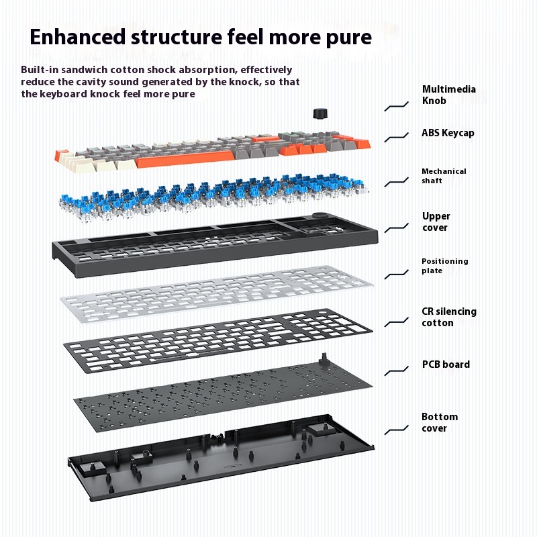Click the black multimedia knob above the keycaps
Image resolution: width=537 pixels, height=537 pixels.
(x=318, y=113)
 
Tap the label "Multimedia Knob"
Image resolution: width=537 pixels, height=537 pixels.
(x=448, y=95)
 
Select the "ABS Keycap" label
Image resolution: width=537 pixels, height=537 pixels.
(x=448, y=133)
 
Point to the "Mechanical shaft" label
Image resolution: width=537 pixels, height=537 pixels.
(x=443, y=176)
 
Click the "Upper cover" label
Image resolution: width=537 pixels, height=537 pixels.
(x=436, y=222)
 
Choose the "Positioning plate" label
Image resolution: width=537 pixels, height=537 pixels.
(x=444, y=266)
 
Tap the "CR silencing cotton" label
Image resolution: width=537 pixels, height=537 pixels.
(x=448, y=317)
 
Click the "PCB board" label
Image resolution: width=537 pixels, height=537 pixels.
(x=445, y=364)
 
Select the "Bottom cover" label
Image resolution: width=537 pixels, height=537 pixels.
(x=439, y=422)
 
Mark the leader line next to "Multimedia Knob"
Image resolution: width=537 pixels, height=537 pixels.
(x=397, y=106)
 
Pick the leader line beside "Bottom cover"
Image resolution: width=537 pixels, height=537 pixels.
(x=397, y=428)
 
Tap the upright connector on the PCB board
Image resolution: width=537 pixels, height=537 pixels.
(x=324, y=360)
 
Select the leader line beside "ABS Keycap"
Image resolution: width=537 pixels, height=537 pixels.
(x=397, y=137)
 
